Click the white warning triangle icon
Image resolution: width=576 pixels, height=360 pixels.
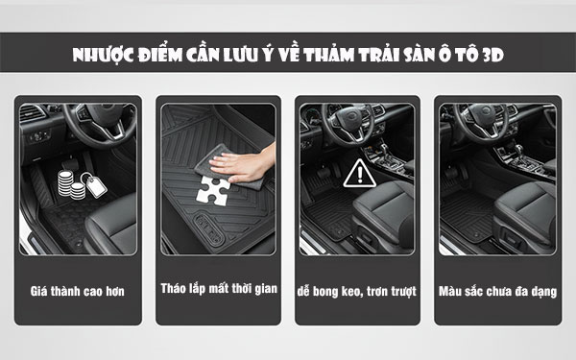(x=359, y=174)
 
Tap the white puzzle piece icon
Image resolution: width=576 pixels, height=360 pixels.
(x=213, y=191)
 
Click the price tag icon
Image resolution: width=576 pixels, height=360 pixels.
(x=94, y=184)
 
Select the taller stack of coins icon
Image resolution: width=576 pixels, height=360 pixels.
(x=65, y=182)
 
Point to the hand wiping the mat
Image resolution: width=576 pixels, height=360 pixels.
(x=244, y=164)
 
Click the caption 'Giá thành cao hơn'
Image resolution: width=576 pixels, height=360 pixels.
(x=78, y=291)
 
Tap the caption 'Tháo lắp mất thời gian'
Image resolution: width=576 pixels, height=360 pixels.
(x=219, y=288)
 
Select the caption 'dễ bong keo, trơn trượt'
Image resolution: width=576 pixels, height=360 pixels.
(x=357, y=291)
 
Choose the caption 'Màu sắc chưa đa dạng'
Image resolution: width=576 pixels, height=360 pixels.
(x=497, y=291)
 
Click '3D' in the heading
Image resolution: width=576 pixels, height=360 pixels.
(x=493, y=55)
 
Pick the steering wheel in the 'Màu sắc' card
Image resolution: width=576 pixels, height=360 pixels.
(x=481, y=121)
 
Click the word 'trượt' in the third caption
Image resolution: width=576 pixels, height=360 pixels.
(x=403, y=292)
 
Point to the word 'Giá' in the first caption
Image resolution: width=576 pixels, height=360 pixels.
(x=38, y=291)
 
